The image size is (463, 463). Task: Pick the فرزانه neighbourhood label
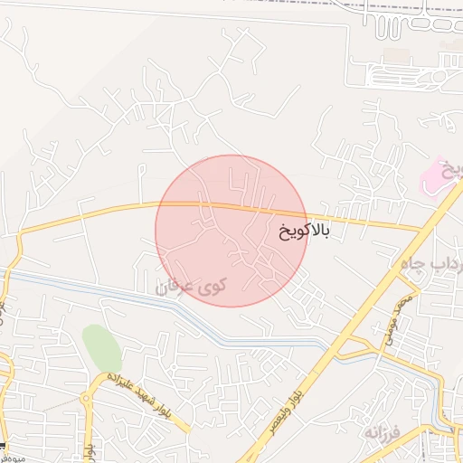pyautogui.click(x=385, y=432)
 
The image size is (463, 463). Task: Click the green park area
pyautogui.click(x=101, y=346)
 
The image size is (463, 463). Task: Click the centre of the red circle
pyautogui.click(x=231, y=231)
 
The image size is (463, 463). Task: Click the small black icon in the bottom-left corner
pyautogui.click(x=4, y=449)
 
